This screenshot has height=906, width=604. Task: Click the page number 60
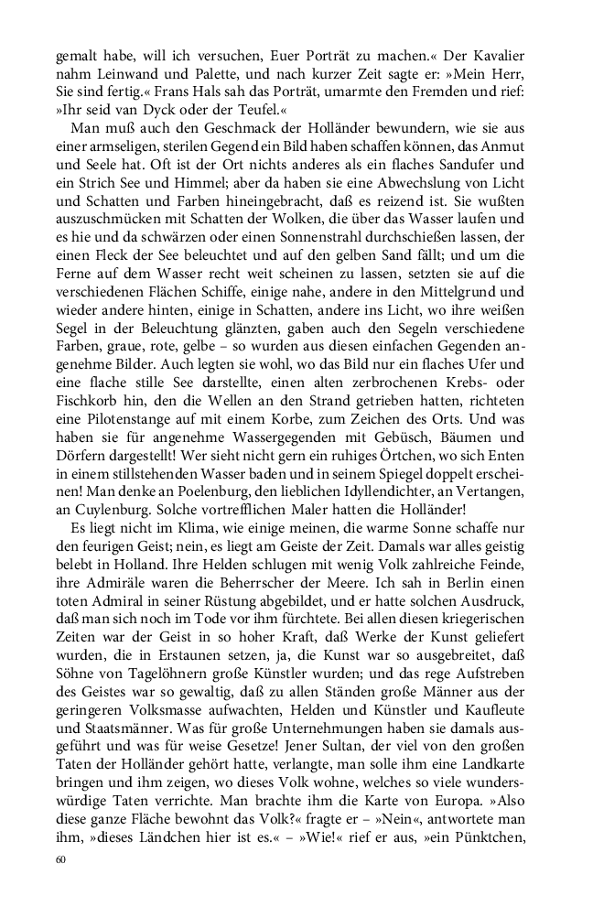61,859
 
